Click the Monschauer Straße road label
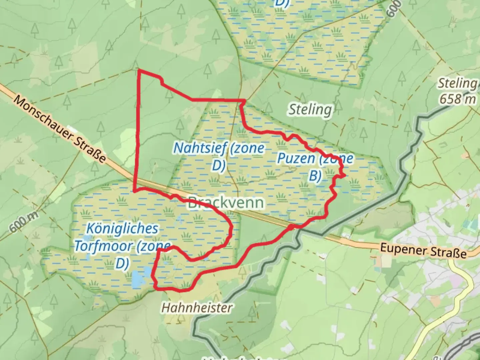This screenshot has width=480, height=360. click(x=60, y=130)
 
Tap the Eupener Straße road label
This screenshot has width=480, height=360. click(x=423, y=250)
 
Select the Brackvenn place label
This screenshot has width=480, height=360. click(x=226, y=203)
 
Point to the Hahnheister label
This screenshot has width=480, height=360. click(x=197, y=307)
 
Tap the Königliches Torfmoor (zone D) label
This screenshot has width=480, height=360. click(x=122, y=246)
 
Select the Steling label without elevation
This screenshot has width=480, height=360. click(x=310, y=109)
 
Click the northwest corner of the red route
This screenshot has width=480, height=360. click(x=139, y=70)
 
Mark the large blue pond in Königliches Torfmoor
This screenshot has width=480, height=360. click(x=137, y=279)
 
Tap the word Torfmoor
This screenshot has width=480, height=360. click(x=103, y=246)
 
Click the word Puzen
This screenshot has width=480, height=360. click(x=296, y=158)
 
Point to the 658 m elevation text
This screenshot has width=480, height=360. click(x=457, y=99)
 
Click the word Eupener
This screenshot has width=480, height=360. click(x=402, y=248)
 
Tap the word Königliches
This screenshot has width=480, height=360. click(x=122, y=229)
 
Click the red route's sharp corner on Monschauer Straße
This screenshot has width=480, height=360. click(x=134, y=191)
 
